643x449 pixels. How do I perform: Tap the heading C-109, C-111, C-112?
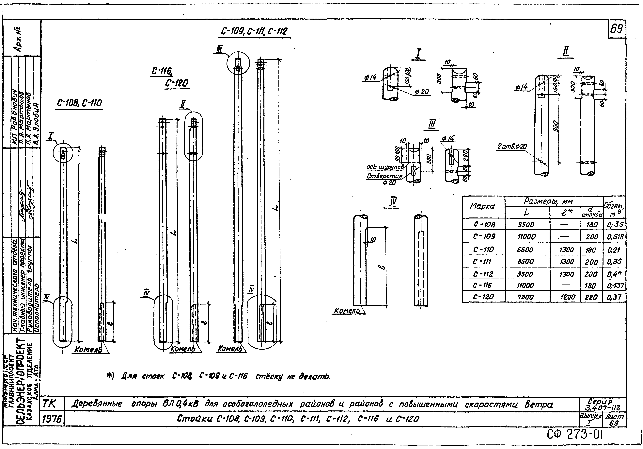point(254,31)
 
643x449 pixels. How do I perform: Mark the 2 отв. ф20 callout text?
point(512,147)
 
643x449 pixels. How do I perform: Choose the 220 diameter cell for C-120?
point(591,297)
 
